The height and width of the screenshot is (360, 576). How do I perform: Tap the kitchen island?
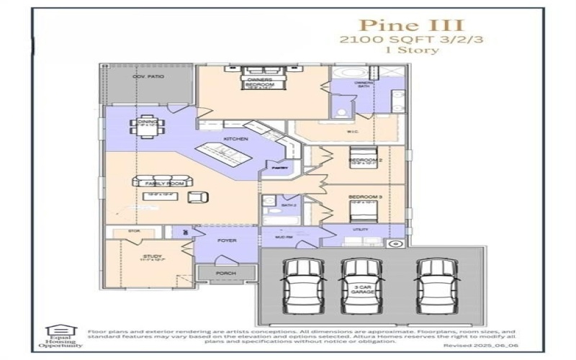(x=233, y=154)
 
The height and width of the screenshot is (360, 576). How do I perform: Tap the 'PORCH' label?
(x=227, y=274)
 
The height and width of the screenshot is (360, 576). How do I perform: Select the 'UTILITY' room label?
(x=360, y=230)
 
